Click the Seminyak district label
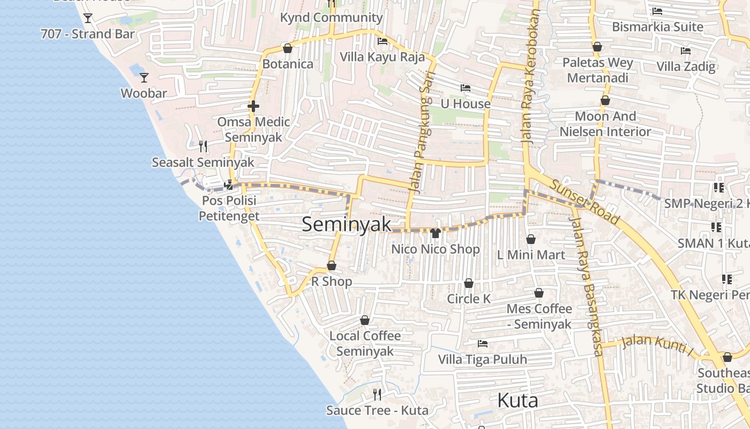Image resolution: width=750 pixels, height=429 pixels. tap(347, 224)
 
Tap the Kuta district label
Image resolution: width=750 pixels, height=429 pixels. tap(517, 400)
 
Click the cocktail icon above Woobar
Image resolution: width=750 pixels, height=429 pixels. tap(144, 78)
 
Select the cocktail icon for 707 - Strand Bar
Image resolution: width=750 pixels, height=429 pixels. tap(88, 18)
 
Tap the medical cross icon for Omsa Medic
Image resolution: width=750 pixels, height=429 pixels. tap(253, 106)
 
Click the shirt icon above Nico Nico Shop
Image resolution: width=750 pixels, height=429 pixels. tap(435, 233)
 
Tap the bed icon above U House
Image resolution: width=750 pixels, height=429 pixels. tap(465, 88)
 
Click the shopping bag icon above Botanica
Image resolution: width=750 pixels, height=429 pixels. tap(288, 49)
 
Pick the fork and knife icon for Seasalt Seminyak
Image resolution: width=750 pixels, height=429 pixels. tap(202, 146)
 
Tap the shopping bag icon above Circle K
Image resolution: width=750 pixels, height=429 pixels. tap(469, 283)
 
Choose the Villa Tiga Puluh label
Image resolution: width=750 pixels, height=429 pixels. tap(482, 359)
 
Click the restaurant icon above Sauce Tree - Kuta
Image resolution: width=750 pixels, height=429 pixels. tap(377, 395)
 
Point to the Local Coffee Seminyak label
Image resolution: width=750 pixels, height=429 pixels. tap(365, 343)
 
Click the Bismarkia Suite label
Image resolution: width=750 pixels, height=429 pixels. tap(657, 27)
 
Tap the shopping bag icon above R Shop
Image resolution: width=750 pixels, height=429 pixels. tap(332, 266)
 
